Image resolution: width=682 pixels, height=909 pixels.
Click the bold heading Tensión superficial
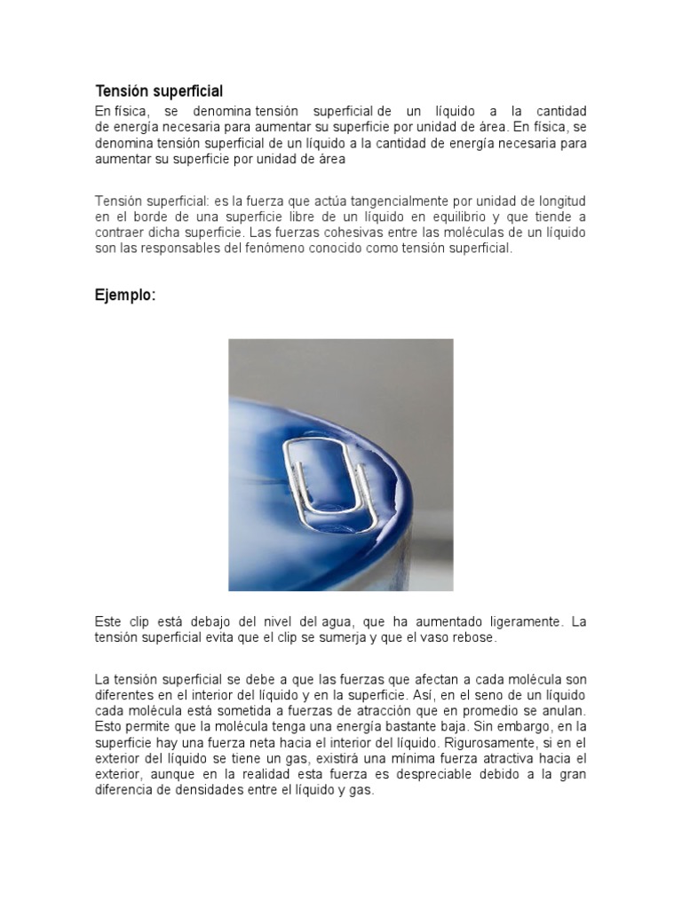[159, 91]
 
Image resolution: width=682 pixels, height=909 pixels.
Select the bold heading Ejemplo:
[125, 296]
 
